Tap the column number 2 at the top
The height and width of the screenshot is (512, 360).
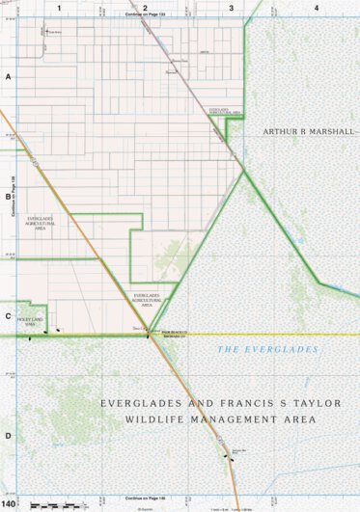click(145, 8)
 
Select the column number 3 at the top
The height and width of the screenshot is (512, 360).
click(231, 8)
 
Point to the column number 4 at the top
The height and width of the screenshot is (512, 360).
click(317, 8)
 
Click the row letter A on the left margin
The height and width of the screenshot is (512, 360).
click(8, 75)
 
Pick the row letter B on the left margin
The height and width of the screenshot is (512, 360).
click(8, 195)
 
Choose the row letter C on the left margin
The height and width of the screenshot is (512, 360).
click(8, 315)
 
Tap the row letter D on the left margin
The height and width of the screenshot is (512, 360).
click(8, 435)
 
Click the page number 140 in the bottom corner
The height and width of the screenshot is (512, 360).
click(10, 503)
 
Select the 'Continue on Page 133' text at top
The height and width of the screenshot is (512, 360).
click(145, 16)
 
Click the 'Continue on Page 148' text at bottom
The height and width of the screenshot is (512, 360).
click(145, 497)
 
